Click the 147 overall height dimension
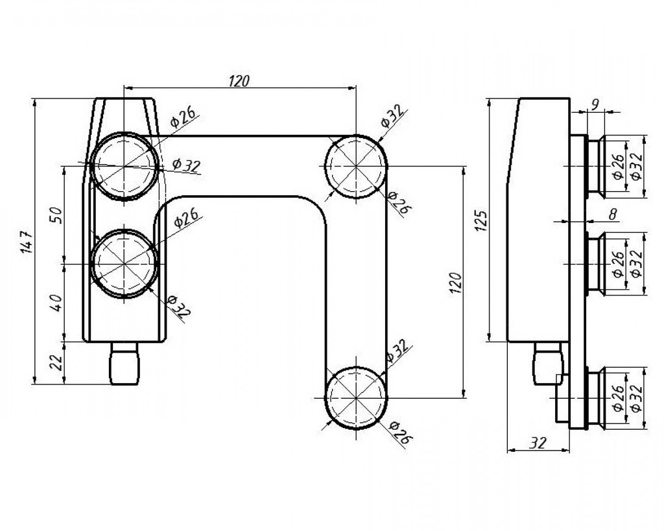coord(25,242)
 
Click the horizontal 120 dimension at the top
coord(239,81)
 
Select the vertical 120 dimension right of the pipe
coord(455,283)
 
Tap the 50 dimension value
coord(56,215)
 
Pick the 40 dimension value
coord(56,303)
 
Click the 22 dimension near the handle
coord(56,363)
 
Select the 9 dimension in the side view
coord(595,104)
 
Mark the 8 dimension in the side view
coord(612,215)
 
